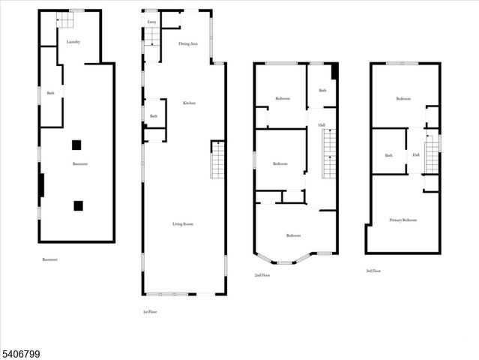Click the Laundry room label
click(x=73, y=42)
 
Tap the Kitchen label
click(x=189, y=103)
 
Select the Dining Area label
click(x=188, y=44)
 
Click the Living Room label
click(x=184, y=223)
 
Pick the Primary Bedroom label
click(x=403, y=220)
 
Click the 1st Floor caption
click(x=151, y=311)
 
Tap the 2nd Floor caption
click(x=262, y=275)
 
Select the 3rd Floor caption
click(x=373, y=271)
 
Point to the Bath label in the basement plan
click(x=51, y=93)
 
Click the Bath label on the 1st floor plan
click(x=153, y=115)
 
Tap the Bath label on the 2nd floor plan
click(x=322, y=91)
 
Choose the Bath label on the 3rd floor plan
click(x=388, y=155)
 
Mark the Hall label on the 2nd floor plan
click(x=322, y=125)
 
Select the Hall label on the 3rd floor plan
click(x=416, y=155)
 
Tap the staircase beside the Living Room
click(x=217, y=160)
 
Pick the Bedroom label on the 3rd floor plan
click(x=403, y=98)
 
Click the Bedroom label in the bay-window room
click(x=294, y=235)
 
